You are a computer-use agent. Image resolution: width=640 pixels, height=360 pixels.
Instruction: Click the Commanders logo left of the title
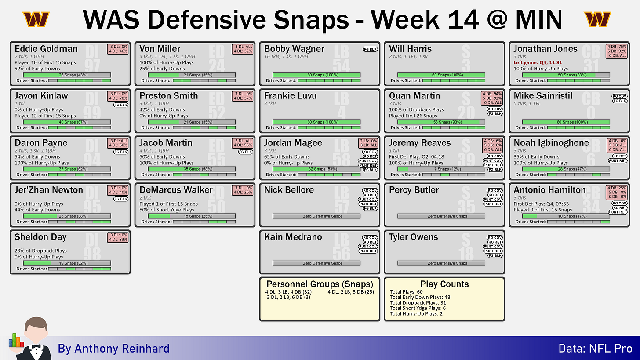coord(36,19)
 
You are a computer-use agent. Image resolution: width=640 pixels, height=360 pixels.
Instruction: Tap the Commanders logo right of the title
coord(597,19)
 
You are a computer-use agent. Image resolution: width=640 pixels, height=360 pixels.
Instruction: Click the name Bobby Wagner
coord(294,49)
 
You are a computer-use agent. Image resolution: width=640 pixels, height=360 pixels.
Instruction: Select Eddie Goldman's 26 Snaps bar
coord(67,75)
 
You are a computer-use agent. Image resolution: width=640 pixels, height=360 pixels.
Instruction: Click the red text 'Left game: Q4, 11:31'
coord(538,62)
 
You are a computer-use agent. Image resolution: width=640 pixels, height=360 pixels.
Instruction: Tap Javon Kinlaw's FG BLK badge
coord(121,105)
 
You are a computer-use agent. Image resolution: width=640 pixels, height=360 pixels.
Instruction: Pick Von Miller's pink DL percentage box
coord(243,49)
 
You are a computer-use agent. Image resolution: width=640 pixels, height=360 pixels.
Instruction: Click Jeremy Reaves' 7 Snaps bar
coord(441,169)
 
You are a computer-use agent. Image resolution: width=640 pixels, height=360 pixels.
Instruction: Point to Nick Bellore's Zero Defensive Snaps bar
coord(316,216)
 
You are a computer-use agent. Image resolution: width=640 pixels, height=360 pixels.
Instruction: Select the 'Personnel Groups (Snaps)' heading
coord(320,284)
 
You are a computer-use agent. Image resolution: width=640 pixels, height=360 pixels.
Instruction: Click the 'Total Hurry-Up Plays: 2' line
coord(416,314)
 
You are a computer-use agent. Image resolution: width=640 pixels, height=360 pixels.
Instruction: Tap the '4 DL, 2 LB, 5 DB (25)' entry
coord(351,292)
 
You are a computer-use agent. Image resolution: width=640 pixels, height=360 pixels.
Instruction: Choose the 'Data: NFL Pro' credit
coord(596,349)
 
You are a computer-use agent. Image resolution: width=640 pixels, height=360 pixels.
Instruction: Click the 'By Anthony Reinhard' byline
coord(113,349)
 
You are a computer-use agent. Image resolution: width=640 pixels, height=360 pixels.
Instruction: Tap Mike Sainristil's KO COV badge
coord(619,97)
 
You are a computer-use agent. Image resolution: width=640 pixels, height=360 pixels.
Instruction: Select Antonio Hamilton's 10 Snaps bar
coord(566,216)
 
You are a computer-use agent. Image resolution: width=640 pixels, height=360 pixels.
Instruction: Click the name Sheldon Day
coord(40,237)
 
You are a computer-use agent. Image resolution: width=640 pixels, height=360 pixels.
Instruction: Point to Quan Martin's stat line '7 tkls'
coord(395,103)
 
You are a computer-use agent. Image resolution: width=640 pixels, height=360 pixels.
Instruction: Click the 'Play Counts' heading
coord(444,284)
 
